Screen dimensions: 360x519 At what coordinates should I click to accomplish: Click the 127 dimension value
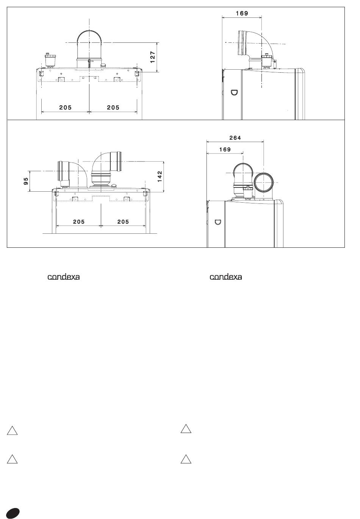pyautogui.click(x=153, y=57)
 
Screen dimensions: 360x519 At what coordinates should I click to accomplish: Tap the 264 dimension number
pyautogui.click(x=235, y=138)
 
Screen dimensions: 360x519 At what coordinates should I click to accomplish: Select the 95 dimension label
pyautogui.click(x=26, y=181)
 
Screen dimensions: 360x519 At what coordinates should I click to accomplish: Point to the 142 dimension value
pyautogui.click(x=160, y=176)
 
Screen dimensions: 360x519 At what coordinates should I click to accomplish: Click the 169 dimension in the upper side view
pyautogui.click(x=242, y=13)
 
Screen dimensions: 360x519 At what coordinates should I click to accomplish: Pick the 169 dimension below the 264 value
pyautogui.click(x=225, y=149)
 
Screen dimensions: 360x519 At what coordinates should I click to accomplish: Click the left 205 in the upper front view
pyautogui.click(x=66, y=108)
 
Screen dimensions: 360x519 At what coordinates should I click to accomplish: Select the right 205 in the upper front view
pyautogui.click(x=113, y=108)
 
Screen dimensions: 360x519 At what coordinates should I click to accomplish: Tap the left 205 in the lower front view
pyautogui.click(x=79, y=222)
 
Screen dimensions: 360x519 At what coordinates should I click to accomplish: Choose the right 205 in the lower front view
pyautogui.click(x=123, y=222)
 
